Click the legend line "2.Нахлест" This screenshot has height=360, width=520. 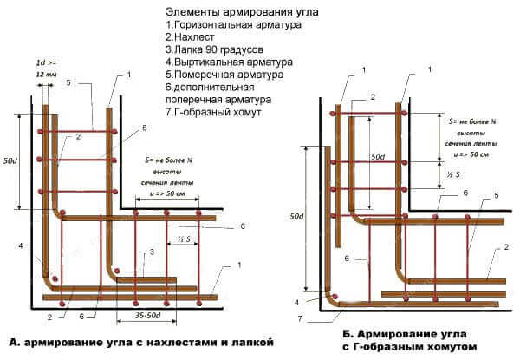click(190, 36)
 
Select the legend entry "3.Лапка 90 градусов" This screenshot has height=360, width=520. click(215, 49)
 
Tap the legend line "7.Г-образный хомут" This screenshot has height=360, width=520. click(213, 112)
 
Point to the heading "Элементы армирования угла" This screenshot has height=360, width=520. click(242, 12)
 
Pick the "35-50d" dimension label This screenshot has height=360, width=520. click(148, 315)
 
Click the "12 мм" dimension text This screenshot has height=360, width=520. click(47, 75)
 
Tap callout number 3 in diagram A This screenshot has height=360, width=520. click(152, 252)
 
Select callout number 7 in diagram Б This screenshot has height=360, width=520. click(300, 319)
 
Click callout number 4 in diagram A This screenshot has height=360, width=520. click(21, 245)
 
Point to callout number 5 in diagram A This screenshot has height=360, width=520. click(68, 82)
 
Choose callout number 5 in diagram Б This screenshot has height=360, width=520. click(496, 195)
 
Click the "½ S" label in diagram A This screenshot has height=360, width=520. click(184, 239)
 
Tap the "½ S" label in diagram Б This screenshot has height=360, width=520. click(453, 174)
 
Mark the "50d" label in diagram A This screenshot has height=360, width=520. click(10, 161)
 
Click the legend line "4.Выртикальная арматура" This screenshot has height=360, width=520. click(229, 62)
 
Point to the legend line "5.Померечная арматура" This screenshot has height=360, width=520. click(224, 75)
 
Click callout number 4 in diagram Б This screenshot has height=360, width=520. click(296, 302)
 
